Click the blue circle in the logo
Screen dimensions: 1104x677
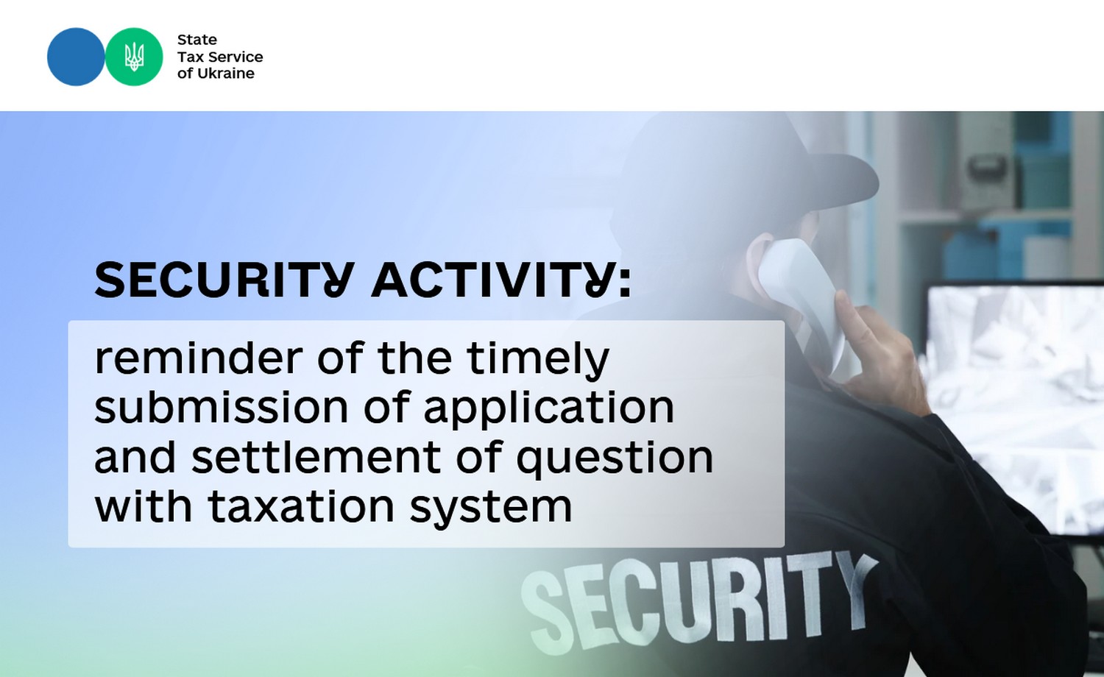point(76,57)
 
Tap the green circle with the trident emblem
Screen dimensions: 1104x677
point(134,57)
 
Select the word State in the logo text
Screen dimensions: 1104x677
point(197,40)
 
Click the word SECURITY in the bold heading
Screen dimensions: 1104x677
point(224,280)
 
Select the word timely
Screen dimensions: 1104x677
point(538,361)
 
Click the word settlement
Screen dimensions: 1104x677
point(316,457)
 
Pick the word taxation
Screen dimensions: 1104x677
point(301,506)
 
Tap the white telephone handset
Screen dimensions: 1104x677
point(804,305)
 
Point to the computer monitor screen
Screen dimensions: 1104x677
point(1015,409)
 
